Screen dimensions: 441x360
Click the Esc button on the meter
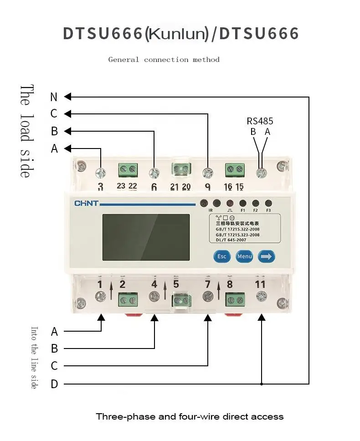[221, 256]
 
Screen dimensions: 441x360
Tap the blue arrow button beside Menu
[267, 256]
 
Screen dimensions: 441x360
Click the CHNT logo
[86, 203]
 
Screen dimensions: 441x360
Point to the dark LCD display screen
[146, 237]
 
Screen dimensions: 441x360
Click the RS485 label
[260, 121]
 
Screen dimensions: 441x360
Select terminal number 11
[260, 284]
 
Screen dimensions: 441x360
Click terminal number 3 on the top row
[101, 186]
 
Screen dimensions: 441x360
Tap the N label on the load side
[54, 97]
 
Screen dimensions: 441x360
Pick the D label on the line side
[54, 384]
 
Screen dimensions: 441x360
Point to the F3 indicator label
[268, 210]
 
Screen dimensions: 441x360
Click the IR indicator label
[211, 210]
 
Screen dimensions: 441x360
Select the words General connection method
[164, 60]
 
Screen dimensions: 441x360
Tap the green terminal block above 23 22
[128, 170]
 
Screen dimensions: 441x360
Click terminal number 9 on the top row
[208, 186]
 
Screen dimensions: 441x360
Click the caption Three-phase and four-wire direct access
[190, 416]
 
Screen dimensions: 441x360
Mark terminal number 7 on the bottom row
[208, 284]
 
